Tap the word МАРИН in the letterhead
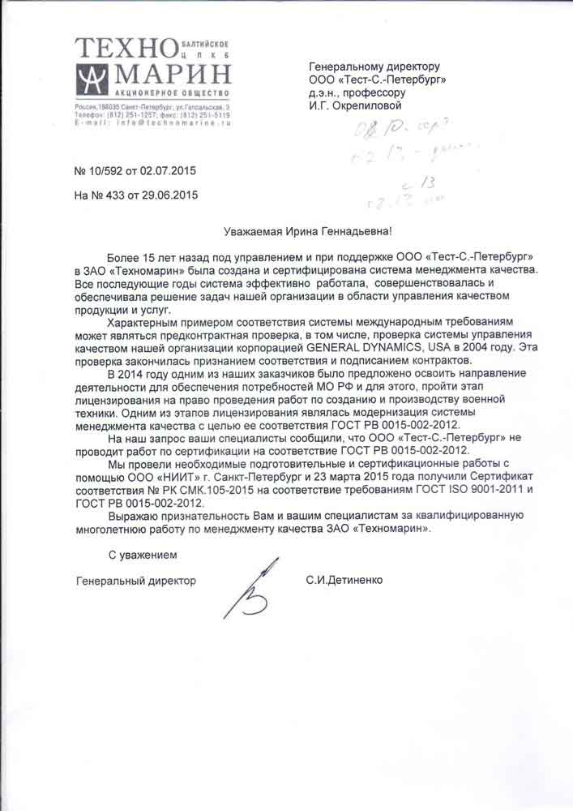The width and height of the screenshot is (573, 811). point(173,77)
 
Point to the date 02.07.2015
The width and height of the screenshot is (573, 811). point(169,171)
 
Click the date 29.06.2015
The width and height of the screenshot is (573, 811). point(169,195)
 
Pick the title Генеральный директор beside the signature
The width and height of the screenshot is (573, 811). point(136,581)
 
